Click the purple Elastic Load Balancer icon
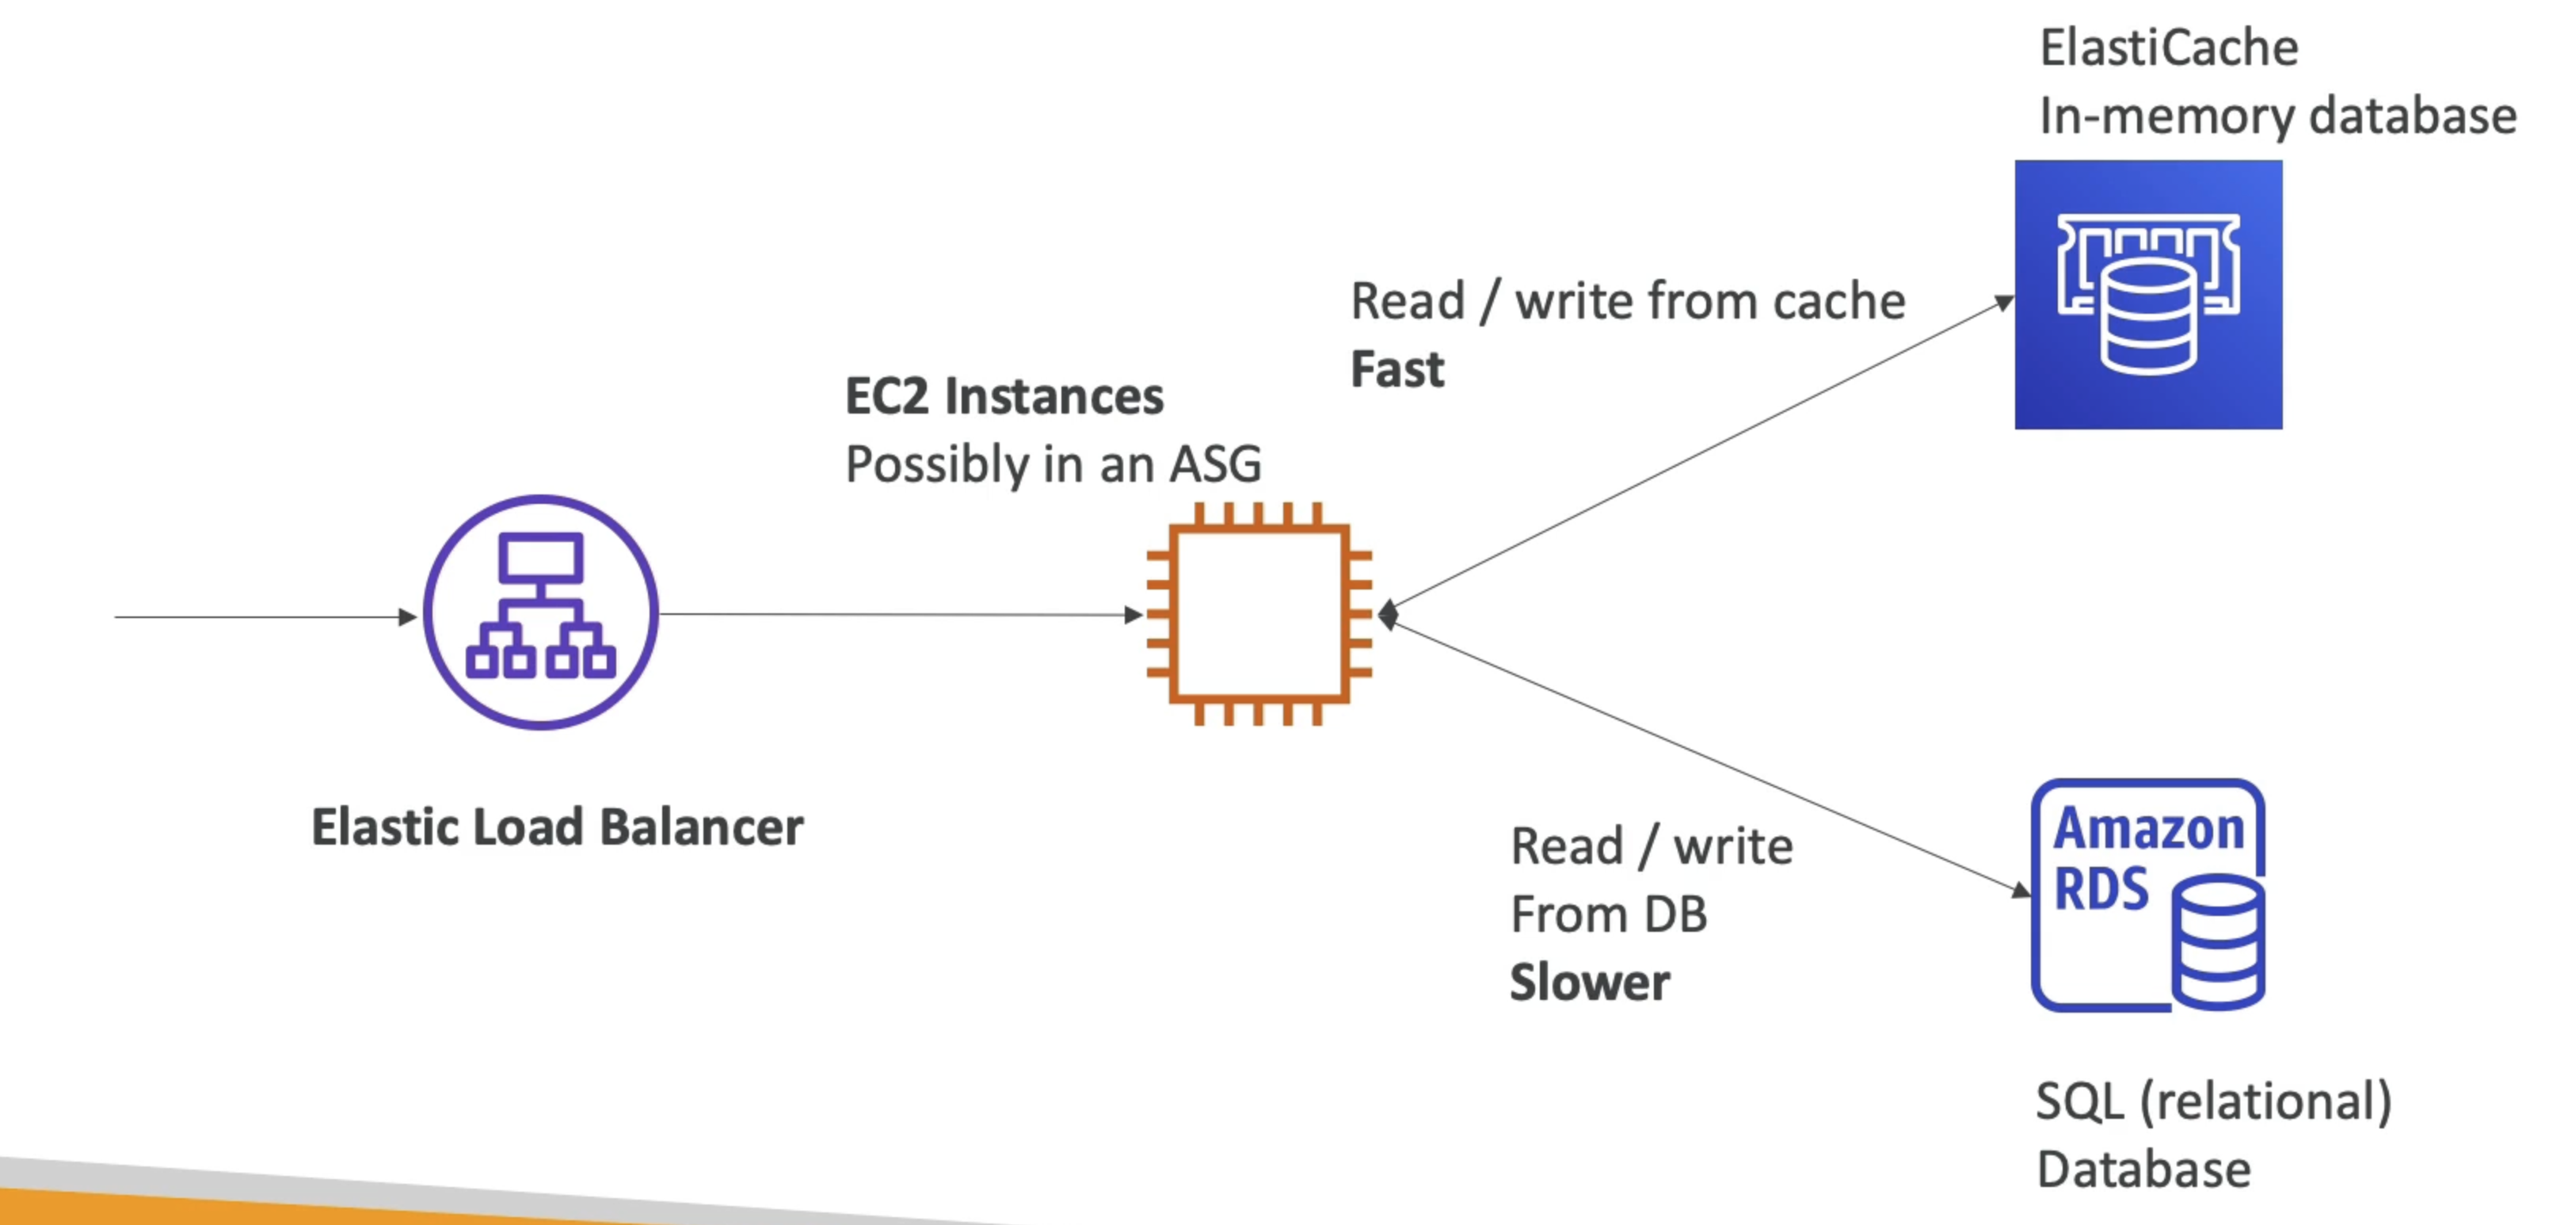(x=540, y=612)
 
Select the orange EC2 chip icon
(x=1259, y=613)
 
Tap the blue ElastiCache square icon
(x=2148, y=295)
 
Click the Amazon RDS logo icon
(x=2148, y=895)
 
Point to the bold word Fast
(x=1397, y=370)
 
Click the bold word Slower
(x=1589, y=983)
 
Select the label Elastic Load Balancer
(x=557, y=827)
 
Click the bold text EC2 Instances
(x=1004, y=396)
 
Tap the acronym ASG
(x=1215, y=464)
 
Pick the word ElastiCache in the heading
(x=2169, y=48)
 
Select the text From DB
(x=1608, y=914)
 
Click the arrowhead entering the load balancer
(x=408, y=617)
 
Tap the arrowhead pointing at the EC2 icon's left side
(x=1134, y=614)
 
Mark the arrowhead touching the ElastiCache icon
(x=2004, y=301)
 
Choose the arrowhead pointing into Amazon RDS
(x=2021, y=891)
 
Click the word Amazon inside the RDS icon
(x=2149, y=829)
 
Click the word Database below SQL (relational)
(x=2143, y=1170)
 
